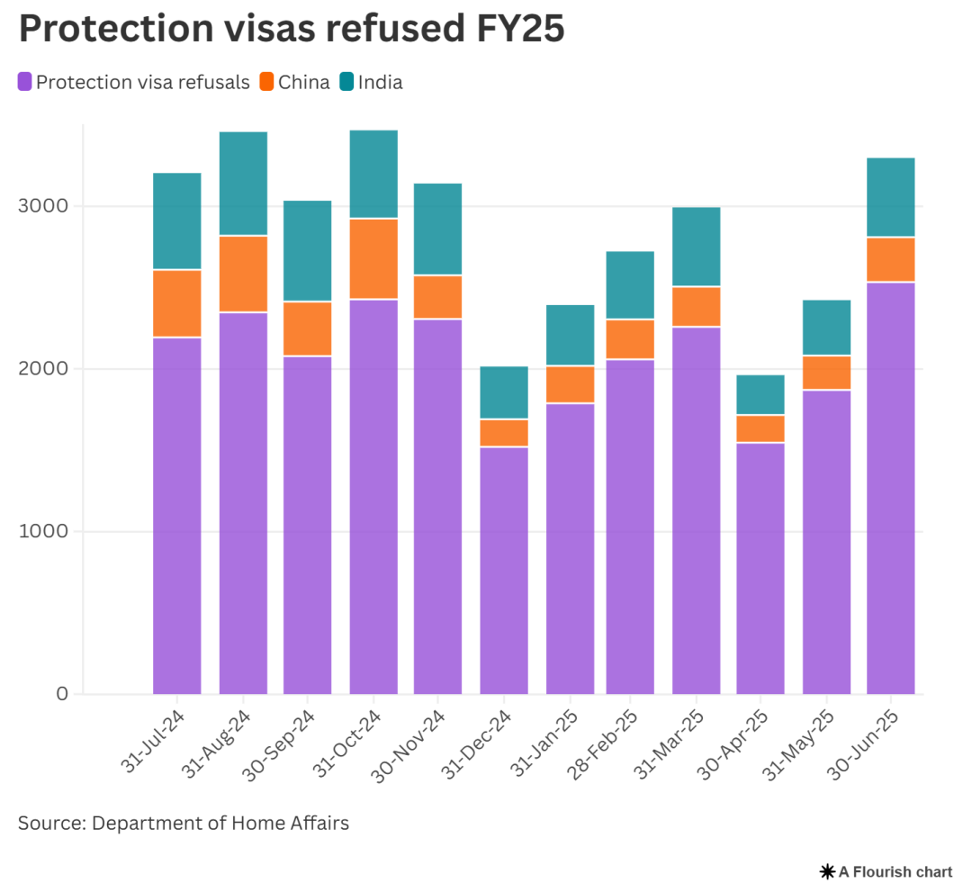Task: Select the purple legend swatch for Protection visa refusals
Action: [x=25, y=82]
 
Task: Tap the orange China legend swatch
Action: [x=266, y=82]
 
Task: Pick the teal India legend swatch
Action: [x=346, y=82]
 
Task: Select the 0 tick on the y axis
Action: [x=62, y=694]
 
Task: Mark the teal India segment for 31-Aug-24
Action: [x=243, y=184]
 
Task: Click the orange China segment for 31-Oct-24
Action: [x=373, y=258]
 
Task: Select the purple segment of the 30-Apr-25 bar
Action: [x=760, y=567]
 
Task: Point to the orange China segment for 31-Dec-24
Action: [x=504, y=433]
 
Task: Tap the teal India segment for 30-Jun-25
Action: [x=891, y=197]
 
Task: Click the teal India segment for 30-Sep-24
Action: [x=307, y=250]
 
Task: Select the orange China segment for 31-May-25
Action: [x=826, y=373]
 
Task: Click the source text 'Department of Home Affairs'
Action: [x=220, y=823]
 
